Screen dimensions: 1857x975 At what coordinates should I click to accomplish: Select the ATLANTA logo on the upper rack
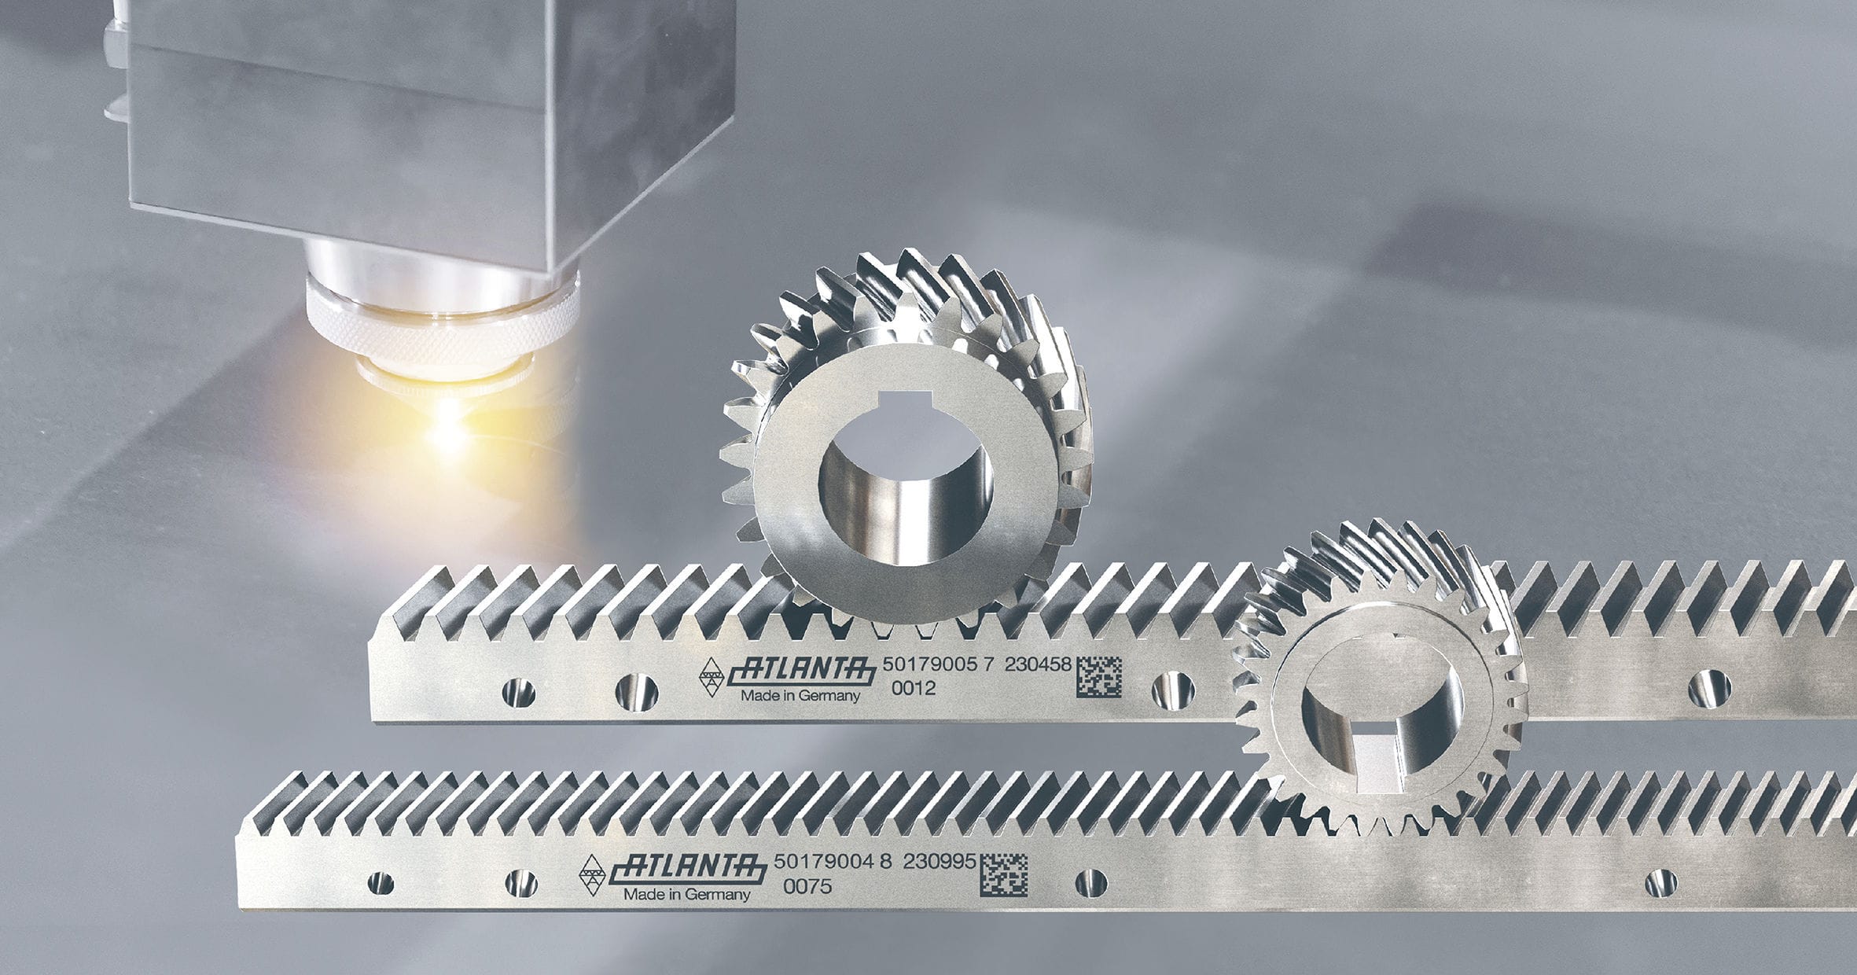[x=801, y=671]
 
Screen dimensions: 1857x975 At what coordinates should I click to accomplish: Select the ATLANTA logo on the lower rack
[x=690, y=869]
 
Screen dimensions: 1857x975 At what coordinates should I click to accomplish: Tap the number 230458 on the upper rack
[x=1038, y=664]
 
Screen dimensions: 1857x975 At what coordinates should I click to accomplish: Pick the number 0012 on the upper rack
[x=914, y=689]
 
